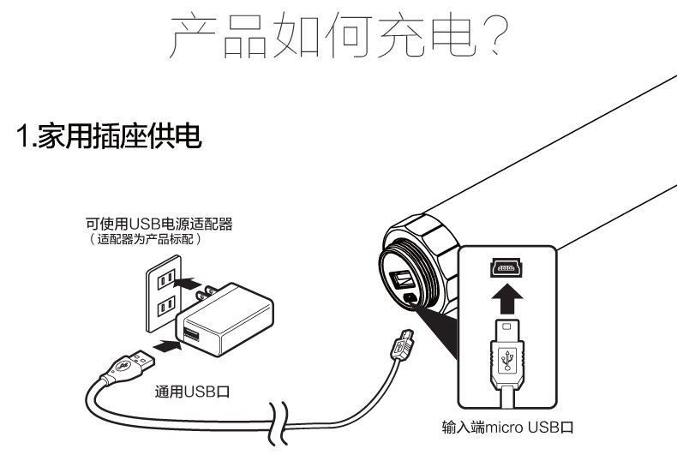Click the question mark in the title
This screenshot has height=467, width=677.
(492, 37)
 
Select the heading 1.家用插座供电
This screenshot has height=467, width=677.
(109, 137)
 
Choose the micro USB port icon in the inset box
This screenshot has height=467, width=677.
(507, 268)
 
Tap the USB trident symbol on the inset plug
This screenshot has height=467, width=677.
(507, 358)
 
